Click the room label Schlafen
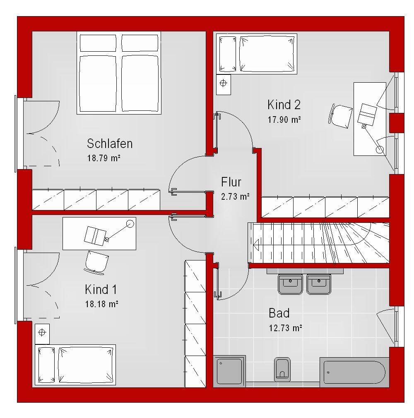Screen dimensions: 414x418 click(x=110, y=143)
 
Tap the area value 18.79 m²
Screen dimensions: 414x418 click(x=103, y=158)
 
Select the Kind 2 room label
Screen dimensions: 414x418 click(x=284, y=105)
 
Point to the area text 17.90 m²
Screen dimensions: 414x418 click(x=284, y=119)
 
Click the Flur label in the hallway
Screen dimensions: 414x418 click(x=231, y=182)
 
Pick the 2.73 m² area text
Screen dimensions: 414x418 click(x=235, y=196)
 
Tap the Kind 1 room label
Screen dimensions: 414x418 click(x=101, y=289)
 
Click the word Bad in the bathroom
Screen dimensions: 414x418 click(x=279, y=313)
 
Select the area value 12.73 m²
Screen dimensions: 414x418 click(x=285, y=328)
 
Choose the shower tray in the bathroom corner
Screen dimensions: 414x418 click(x=229, y=371)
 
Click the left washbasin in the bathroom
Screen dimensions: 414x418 click(x=290, y=284)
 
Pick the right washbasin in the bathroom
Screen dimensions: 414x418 click(x=319, y=284)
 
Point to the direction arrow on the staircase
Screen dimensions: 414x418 click(x=257, y=244)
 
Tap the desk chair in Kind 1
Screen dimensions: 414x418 click(x=96, y=262)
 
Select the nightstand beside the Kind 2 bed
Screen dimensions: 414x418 click(x=224, y=84)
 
